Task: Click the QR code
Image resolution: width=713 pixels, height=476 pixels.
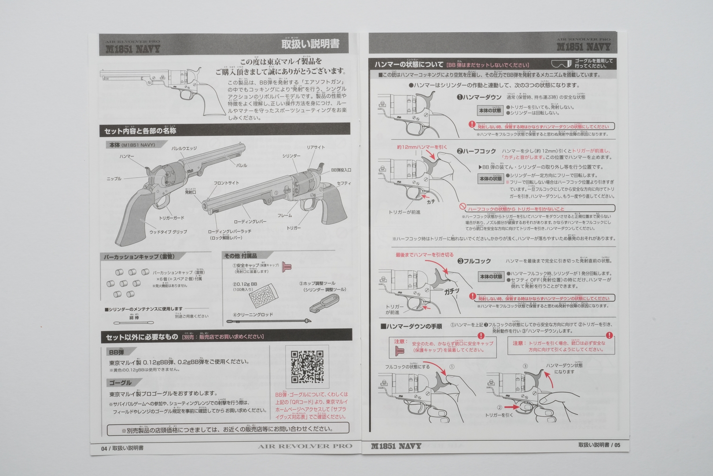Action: coord(307,366)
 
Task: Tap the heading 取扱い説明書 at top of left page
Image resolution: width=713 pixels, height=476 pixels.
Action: coord(310,44)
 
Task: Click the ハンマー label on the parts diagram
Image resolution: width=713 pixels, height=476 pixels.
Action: coord(126,156)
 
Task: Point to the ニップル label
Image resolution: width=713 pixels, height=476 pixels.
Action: coord(114,179)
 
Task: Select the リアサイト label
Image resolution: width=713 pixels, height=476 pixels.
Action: coord(316,148)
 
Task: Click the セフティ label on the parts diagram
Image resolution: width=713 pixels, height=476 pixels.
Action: coord(344,183)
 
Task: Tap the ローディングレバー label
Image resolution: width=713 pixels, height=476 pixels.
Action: coord(250,222)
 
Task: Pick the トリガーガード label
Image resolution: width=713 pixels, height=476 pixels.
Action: coord(171,218)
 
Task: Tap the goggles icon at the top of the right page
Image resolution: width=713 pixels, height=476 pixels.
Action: coord(562,64)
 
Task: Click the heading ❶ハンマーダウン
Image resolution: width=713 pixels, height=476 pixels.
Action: coord(478,97)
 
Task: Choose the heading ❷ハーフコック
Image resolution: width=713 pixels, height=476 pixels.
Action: coord(476,151)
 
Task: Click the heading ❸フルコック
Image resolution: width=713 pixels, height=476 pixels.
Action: coord(474,261)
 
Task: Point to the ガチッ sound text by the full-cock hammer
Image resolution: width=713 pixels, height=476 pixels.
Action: coord(452,291)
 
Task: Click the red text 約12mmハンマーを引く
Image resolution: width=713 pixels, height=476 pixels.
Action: coord(421,147)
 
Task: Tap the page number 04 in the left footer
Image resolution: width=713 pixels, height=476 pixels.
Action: coord(104,448)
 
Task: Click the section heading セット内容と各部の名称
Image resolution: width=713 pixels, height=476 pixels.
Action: coord(140,131)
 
